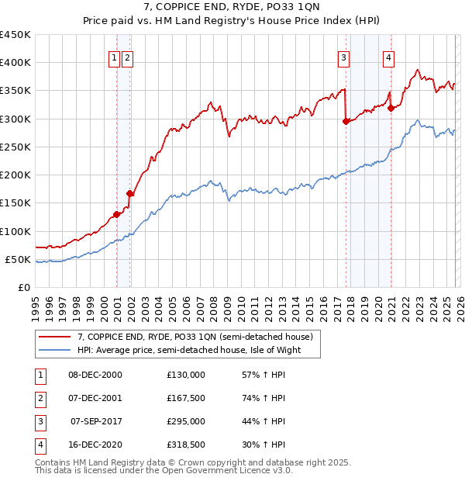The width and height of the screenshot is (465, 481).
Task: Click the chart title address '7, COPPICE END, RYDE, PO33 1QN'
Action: coord(232,7)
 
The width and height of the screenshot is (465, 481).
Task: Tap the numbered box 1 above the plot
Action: coord(115,57)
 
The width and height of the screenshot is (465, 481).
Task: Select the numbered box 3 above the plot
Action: coord(343,57)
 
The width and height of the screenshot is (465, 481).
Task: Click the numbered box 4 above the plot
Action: coord(387,57)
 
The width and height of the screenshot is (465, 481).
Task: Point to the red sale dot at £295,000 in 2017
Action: coord(346,121)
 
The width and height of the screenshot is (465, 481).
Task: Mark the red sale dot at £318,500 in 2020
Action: coord(391,108)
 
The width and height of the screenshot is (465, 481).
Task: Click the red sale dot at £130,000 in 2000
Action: coord(116,214)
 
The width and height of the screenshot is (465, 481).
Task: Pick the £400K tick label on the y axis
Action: coord(15,63)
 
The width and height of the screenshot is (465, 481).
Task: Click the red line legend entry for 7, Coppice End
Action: coord(195,337)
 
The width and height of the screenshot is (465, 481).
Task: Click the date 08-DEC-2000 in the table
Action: coord(95,375)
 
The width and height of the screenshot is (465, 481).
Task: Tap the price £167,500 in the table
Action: coord(185,398)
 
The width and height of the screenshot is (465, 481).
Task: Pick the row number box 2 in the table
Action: coord(38,398)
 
